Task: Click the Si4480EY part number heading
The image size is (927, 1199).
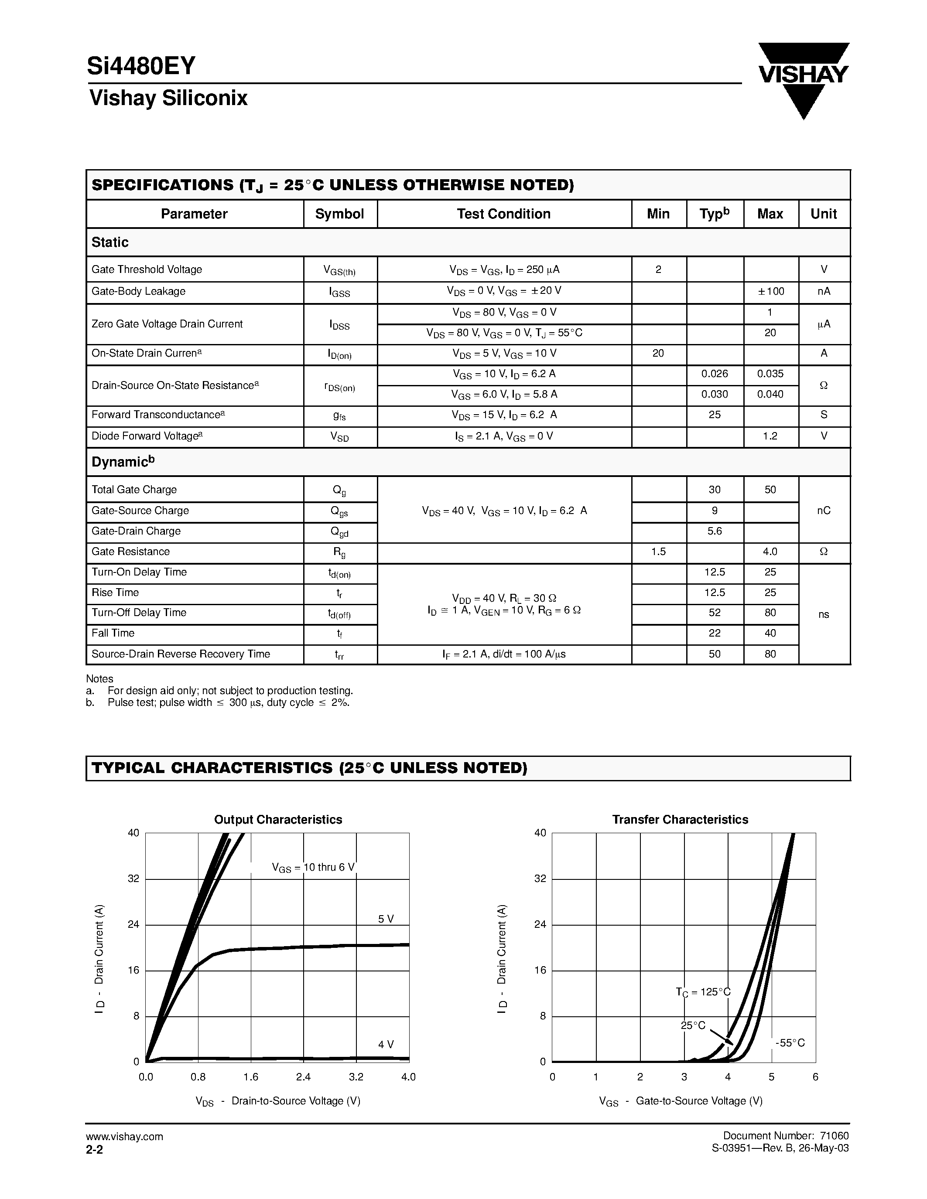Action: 141,66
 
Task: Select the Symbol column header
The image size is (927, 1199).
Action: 339,214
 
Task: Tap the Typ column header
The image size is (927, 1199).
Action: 714,214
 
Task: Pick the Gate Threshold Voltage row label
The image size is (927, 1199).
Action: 147,269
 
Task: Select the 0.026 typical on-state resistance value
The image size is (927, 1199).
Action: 715,374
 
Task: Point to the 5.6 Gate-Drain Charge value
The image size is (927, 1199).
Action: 715,531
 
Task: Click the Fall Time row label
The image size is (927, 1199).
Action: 113,633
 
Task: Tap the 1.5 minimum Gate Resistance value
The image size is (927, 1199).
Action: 658,552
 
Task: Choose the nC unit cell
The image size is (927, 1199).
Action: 823,511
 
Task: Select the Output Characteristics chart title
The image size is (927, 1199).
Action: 278,820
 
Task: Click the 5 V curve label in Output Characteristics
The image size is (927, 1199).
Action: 386,919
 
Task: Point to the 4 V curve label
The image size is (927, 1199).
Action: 386,1044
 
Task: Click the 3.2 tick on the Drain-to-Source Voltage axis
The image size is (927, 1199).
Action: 356,1077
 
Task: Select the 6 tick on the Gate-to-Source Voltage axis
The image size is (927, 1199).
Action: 815,1077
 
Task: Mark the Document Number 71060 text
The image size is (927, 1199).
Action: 785,1136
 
